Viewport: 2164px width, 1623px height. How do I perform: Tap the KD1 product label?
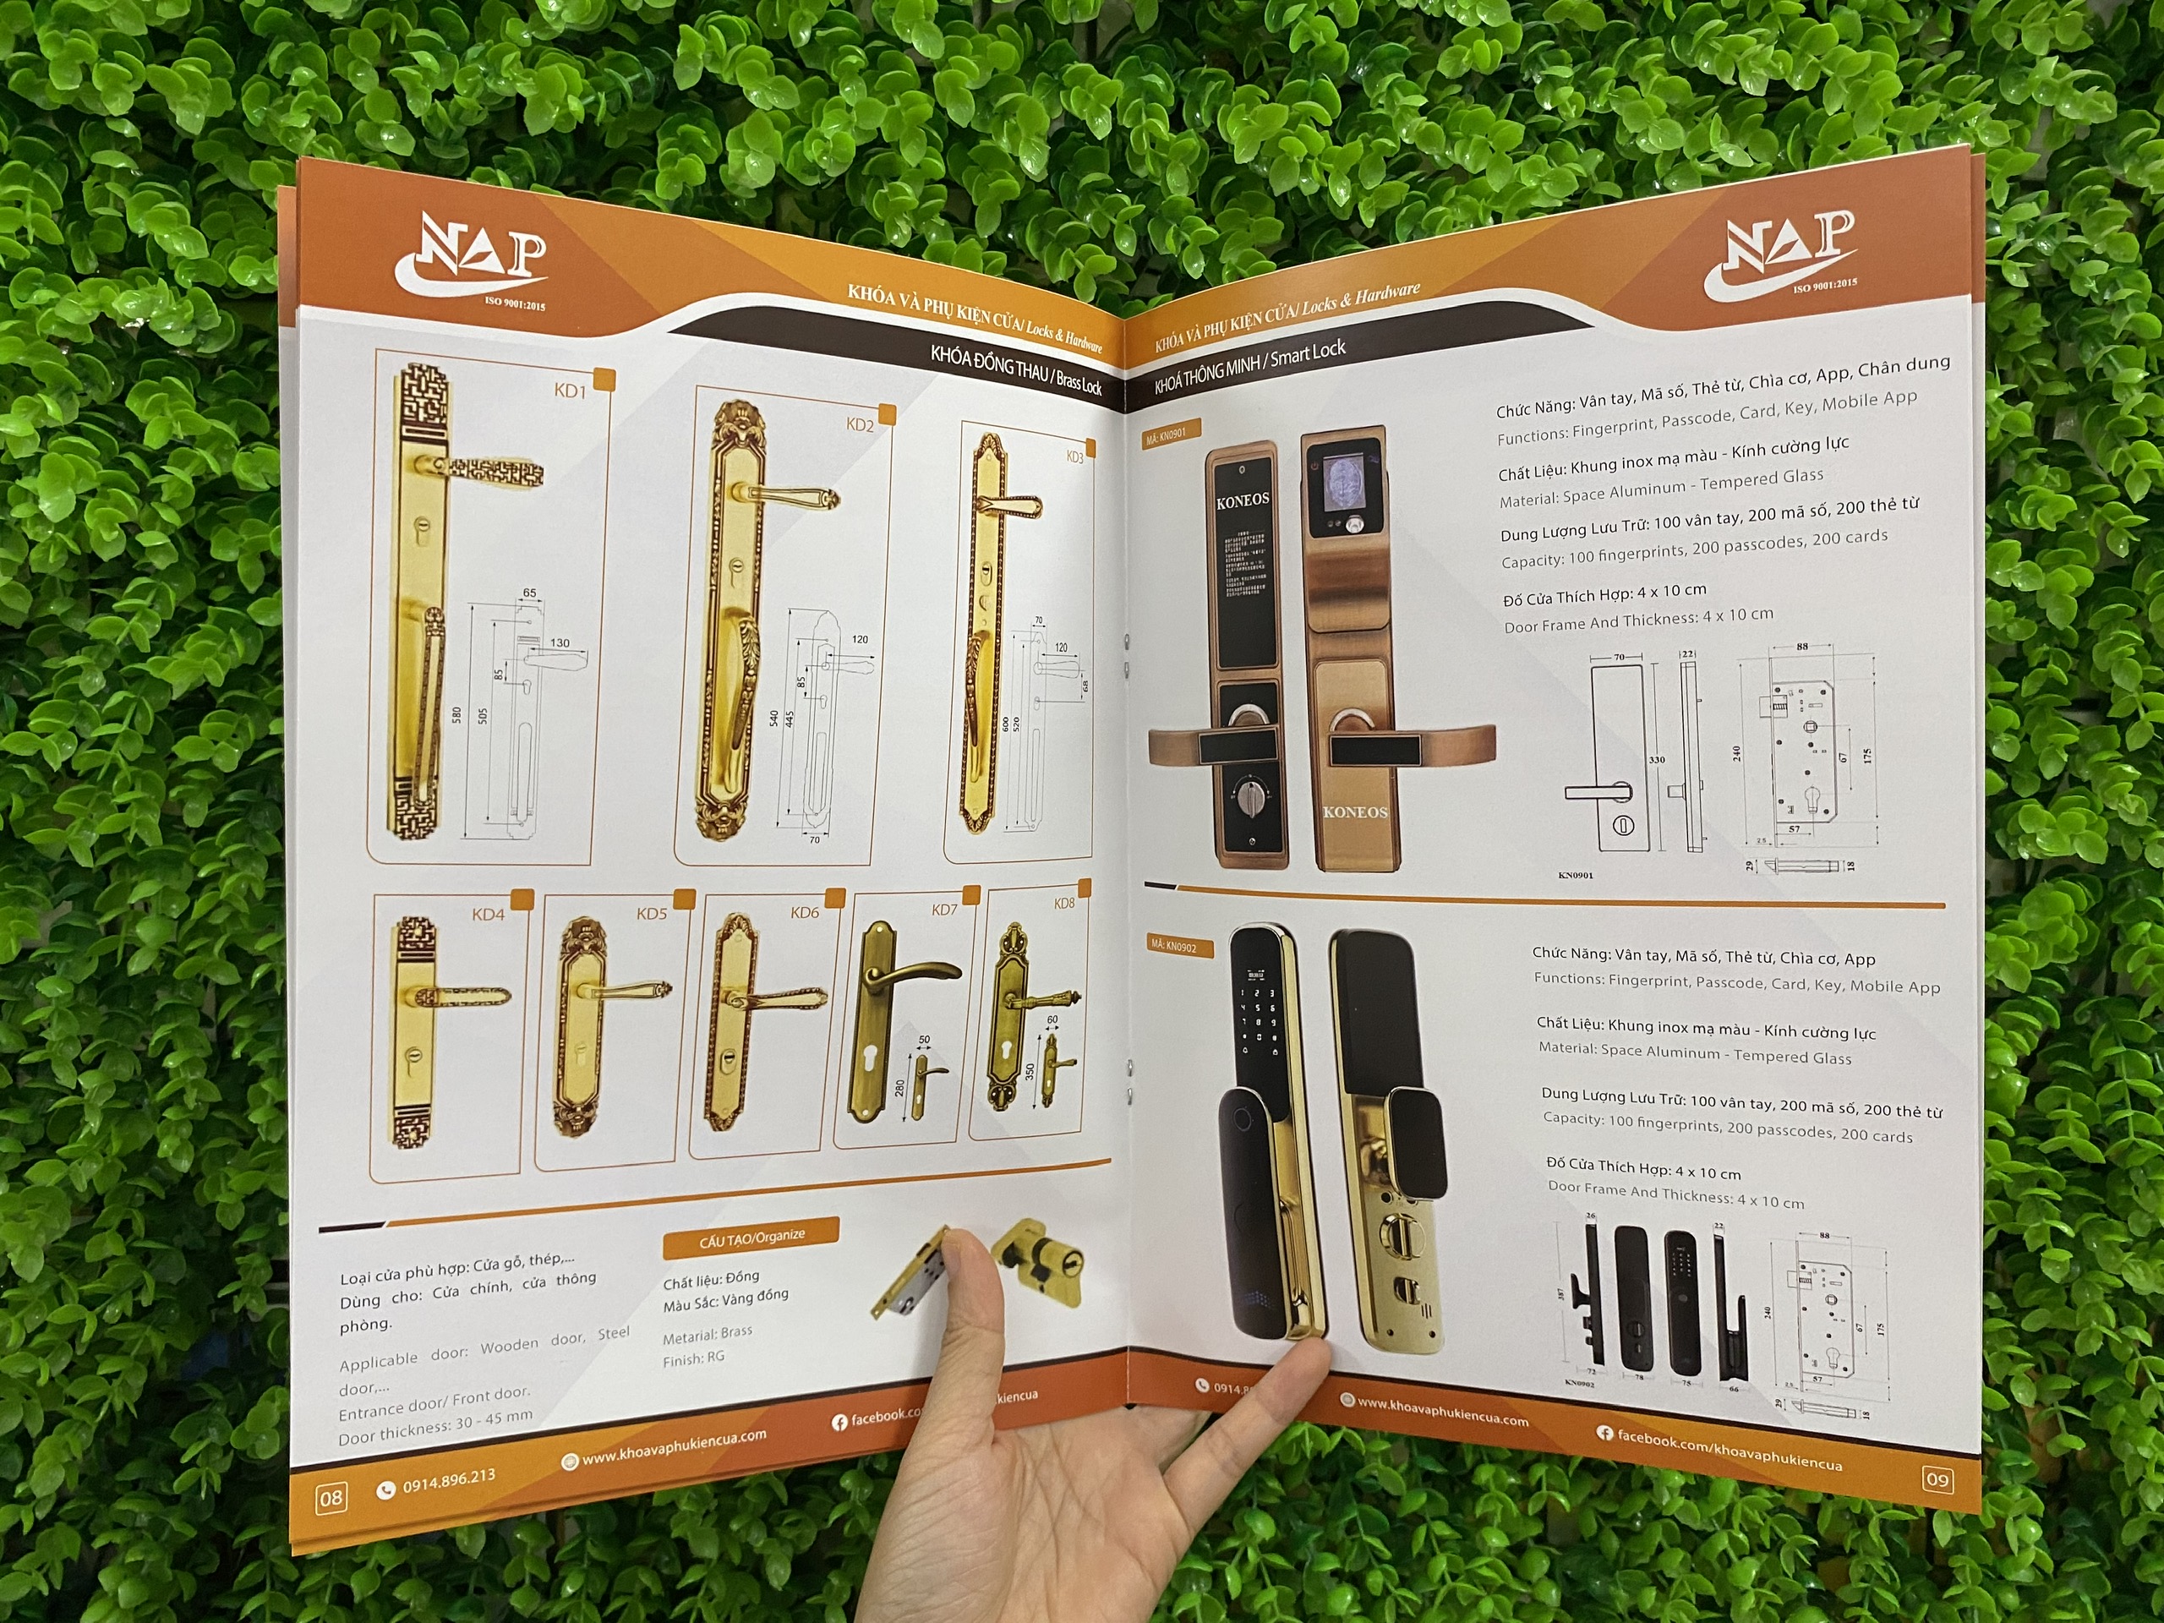tap(570, 391)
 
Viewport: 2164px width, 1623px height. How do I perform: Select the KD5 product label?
tap(652, 914)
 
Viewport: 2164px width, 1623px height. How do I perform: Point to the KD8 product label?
tap(1064, 903)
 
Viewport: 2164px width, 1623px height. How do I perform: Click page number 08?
tap(331, 1498)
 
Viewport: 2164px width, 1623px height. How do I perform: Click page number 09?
tap(1937, 1479)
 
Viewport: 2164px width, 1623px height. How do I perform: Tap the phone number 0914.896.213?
tap(448, 1482)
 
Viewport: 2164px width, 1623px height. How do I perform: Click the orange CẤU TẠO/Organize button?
tap(751, 1238)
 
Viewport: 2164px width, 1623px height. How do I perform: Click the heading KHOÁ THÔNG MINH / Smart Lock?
tap(1250, 366)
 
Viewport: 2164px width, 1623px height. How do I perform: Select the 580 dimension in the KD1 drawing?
tap(456, 715)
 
